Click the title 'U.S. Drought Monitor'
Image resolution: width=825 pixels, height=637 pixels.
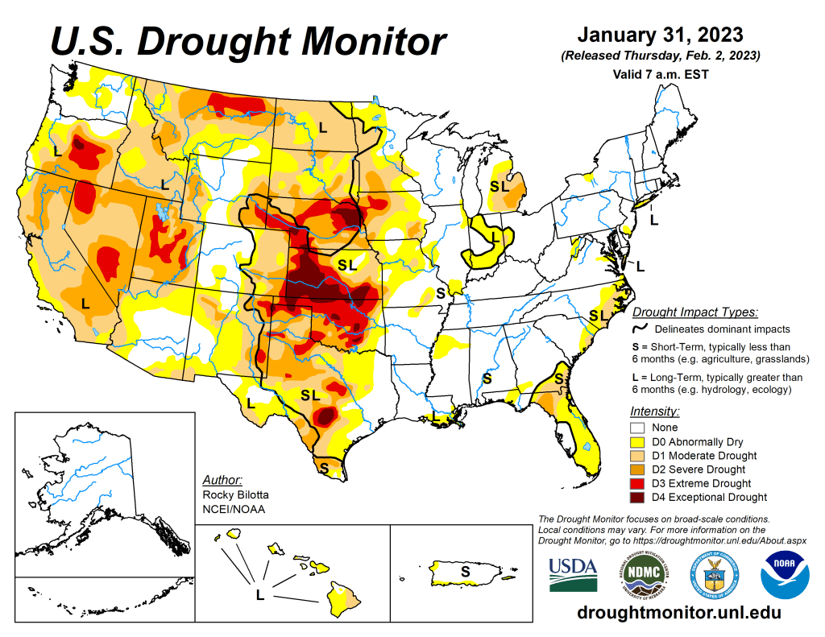click(248, 41)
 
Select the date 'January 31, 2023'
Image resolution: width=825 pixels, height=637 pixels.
click(659, 35)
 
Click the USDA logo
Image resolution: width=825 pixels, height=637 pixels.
click(573, 574)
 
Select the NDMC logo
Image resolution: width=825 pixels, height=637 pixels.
click(642, 574)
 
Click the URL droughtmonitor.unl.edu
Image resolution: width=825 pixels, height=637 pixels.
click(679, 613)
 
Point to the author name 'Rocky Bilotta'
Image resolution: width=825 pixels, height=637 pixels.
click(235, 494)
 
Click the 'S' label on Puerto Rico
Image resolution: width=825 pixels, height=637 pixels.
click(465, 571)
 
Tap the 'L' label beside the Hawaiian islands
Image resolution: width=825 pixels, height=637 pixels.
click(259, 596)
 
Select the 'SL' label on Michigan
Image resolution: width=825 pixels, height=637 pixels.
click(500, 186)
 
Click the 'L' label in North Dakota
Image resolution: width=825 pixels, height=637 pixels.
click(322, 126)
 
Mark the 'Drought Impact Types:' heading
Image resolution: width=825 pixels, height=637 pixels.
click(694, 312)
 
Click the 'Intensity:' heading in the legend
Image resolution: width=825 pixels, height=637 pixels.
click(654, 412)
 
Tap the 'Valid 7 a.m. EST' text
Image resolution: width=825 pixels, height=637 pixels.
click(659, 74)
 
